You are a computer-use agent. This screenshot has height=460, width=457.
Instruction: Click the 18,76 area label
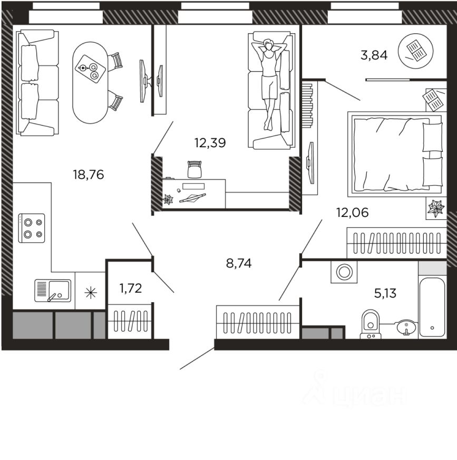(88, 175)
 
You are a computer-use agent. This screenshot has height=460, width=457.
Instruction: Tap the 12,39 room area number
(210, 143)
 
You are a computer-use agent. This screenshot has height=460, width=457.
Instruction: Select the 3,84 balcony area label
(374, 55)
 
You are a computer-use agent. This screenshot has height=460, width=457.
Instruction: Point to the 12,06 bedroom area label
(352, 213)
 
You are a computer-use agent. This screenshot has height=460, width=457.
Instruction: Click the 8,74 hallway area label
(239, 263)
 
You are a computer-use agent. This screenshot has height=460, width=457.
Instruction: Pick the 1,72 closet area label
(131, 289)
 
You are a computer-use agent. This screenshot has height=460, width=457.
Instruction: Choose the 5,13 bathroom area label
(385, 293)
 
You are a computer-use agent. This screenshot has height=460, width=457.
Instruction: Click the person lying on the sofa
(269, 83)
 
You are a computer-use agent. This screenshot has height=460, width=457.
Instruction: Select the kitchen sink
(53, 291)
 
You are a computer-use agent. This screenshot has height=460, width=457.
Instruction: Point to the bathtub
(432, 307)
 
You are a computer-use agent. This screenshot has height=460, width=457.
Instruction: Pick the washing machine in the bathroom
(344, 272)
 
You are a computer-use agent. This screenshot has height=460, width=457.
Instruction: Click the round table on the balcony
(415, 51)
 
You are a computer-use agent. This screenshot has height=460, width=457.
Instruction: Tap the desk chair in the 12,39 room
(195, 169)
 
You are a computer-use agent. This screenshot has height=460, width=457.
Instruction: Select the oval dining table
(91, 82)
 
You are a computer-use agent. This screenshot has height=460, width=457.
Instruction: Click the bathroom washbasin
(406, 327)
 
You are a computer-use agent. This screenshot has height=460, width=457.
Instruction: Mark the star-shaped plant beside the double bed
(436, 208)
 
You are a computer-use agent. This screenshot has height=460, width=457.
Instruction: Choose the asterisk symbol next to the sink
(91, 293)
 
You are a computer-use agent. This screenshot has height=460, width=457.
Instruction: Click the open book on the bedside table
(433, 100)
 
